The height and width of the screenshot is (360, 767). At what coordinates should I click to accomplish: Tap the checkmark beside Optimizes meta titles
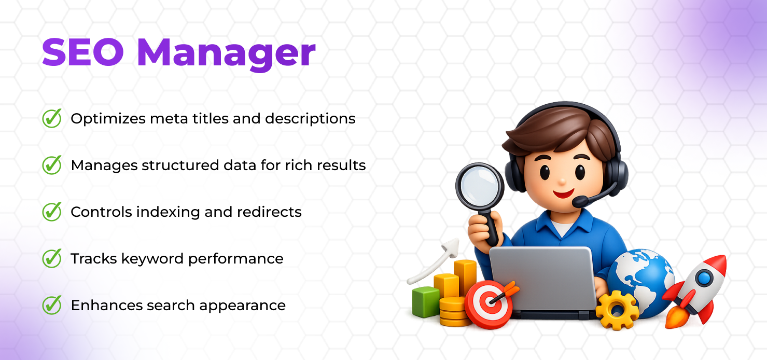pyautogui.click(x=51, y=118)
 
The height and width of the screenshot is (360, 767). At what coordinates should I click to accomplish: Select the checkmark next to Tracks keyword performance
pyautogui.click(x=51, y=258)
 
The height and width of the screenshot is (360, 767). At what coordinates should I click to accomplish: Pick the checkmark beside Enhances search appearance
pyautogui.click(x=51, y=305)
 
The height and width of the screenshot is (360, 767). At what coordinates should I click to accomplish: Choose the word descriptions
pyautogui.click(x=310, y=119)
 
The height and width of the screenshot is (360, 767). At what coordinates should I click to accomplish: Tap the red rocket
pyautogui.click(x=698, y=288)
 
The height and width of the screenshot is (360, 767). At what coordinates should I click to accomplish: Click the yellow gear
pyautogui.click(x=617, y=310)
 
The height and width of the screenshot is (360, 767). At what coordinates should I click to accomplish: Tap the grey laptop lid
pyautogui.click(x=542, y=278)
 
